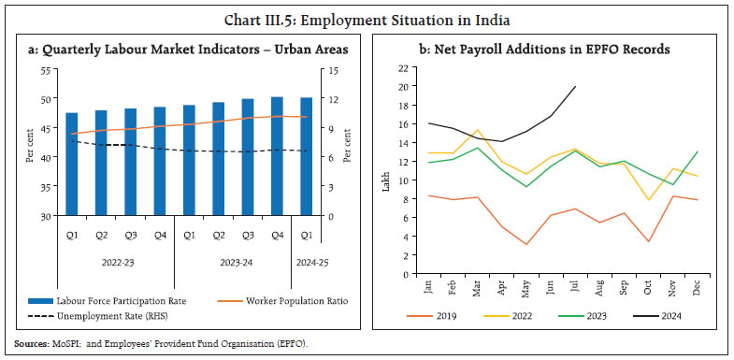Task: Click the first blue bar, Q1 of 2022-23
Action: [71, 164]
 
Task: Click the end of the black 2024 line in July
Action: [575, 86]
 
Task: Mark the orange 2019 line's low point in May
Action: [527, 244]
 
